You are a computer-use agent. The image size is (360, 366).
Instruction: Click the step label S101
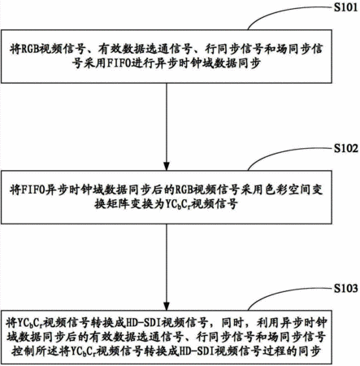pyautogui.click(x=346, y=7)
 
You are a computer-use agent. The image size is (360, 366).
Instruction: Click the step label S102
pyautogui.click(x=346, y=148)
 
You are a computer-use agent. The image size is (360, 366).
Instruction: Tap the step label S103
pyautogui.click(x=346, y=288)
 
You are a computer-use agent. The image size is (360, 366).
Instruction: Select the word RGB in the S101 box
pyautogui.click(x=30, y=50)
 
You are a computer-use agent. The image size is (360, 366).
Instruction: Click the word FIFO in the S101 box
pyautogui.click(x=118, y=63)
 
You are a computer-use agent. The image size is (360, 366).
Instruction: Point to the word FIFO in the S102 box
pyautogui.click(x=33, y=190)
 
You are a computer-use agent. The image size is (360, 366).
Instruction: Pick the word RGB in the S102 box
pyautogui.click(x=184, y=190)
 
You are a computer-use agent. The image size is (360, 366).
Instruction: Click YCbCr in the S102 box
pyautogui.click(x=176, y=204)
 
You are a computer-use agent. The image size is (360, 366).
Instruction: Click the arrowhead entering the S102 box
pyautogui.click(x=167, y=166)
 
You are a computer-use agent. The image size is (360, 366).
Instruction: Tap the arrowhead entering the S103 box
pyautogui.click(x=167, y=306)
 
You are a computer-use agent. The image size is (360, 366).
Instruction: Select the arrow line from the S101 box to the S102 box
pyautogui.click(x=167, y=127)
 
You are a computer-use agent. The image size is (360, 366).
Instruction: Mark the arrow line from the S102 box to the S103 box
pyautogui.click(x=167, y=267)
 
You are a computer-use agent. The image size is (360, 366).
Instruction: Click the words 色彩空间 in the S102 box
pyautogui.click(x=288, y=190)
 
